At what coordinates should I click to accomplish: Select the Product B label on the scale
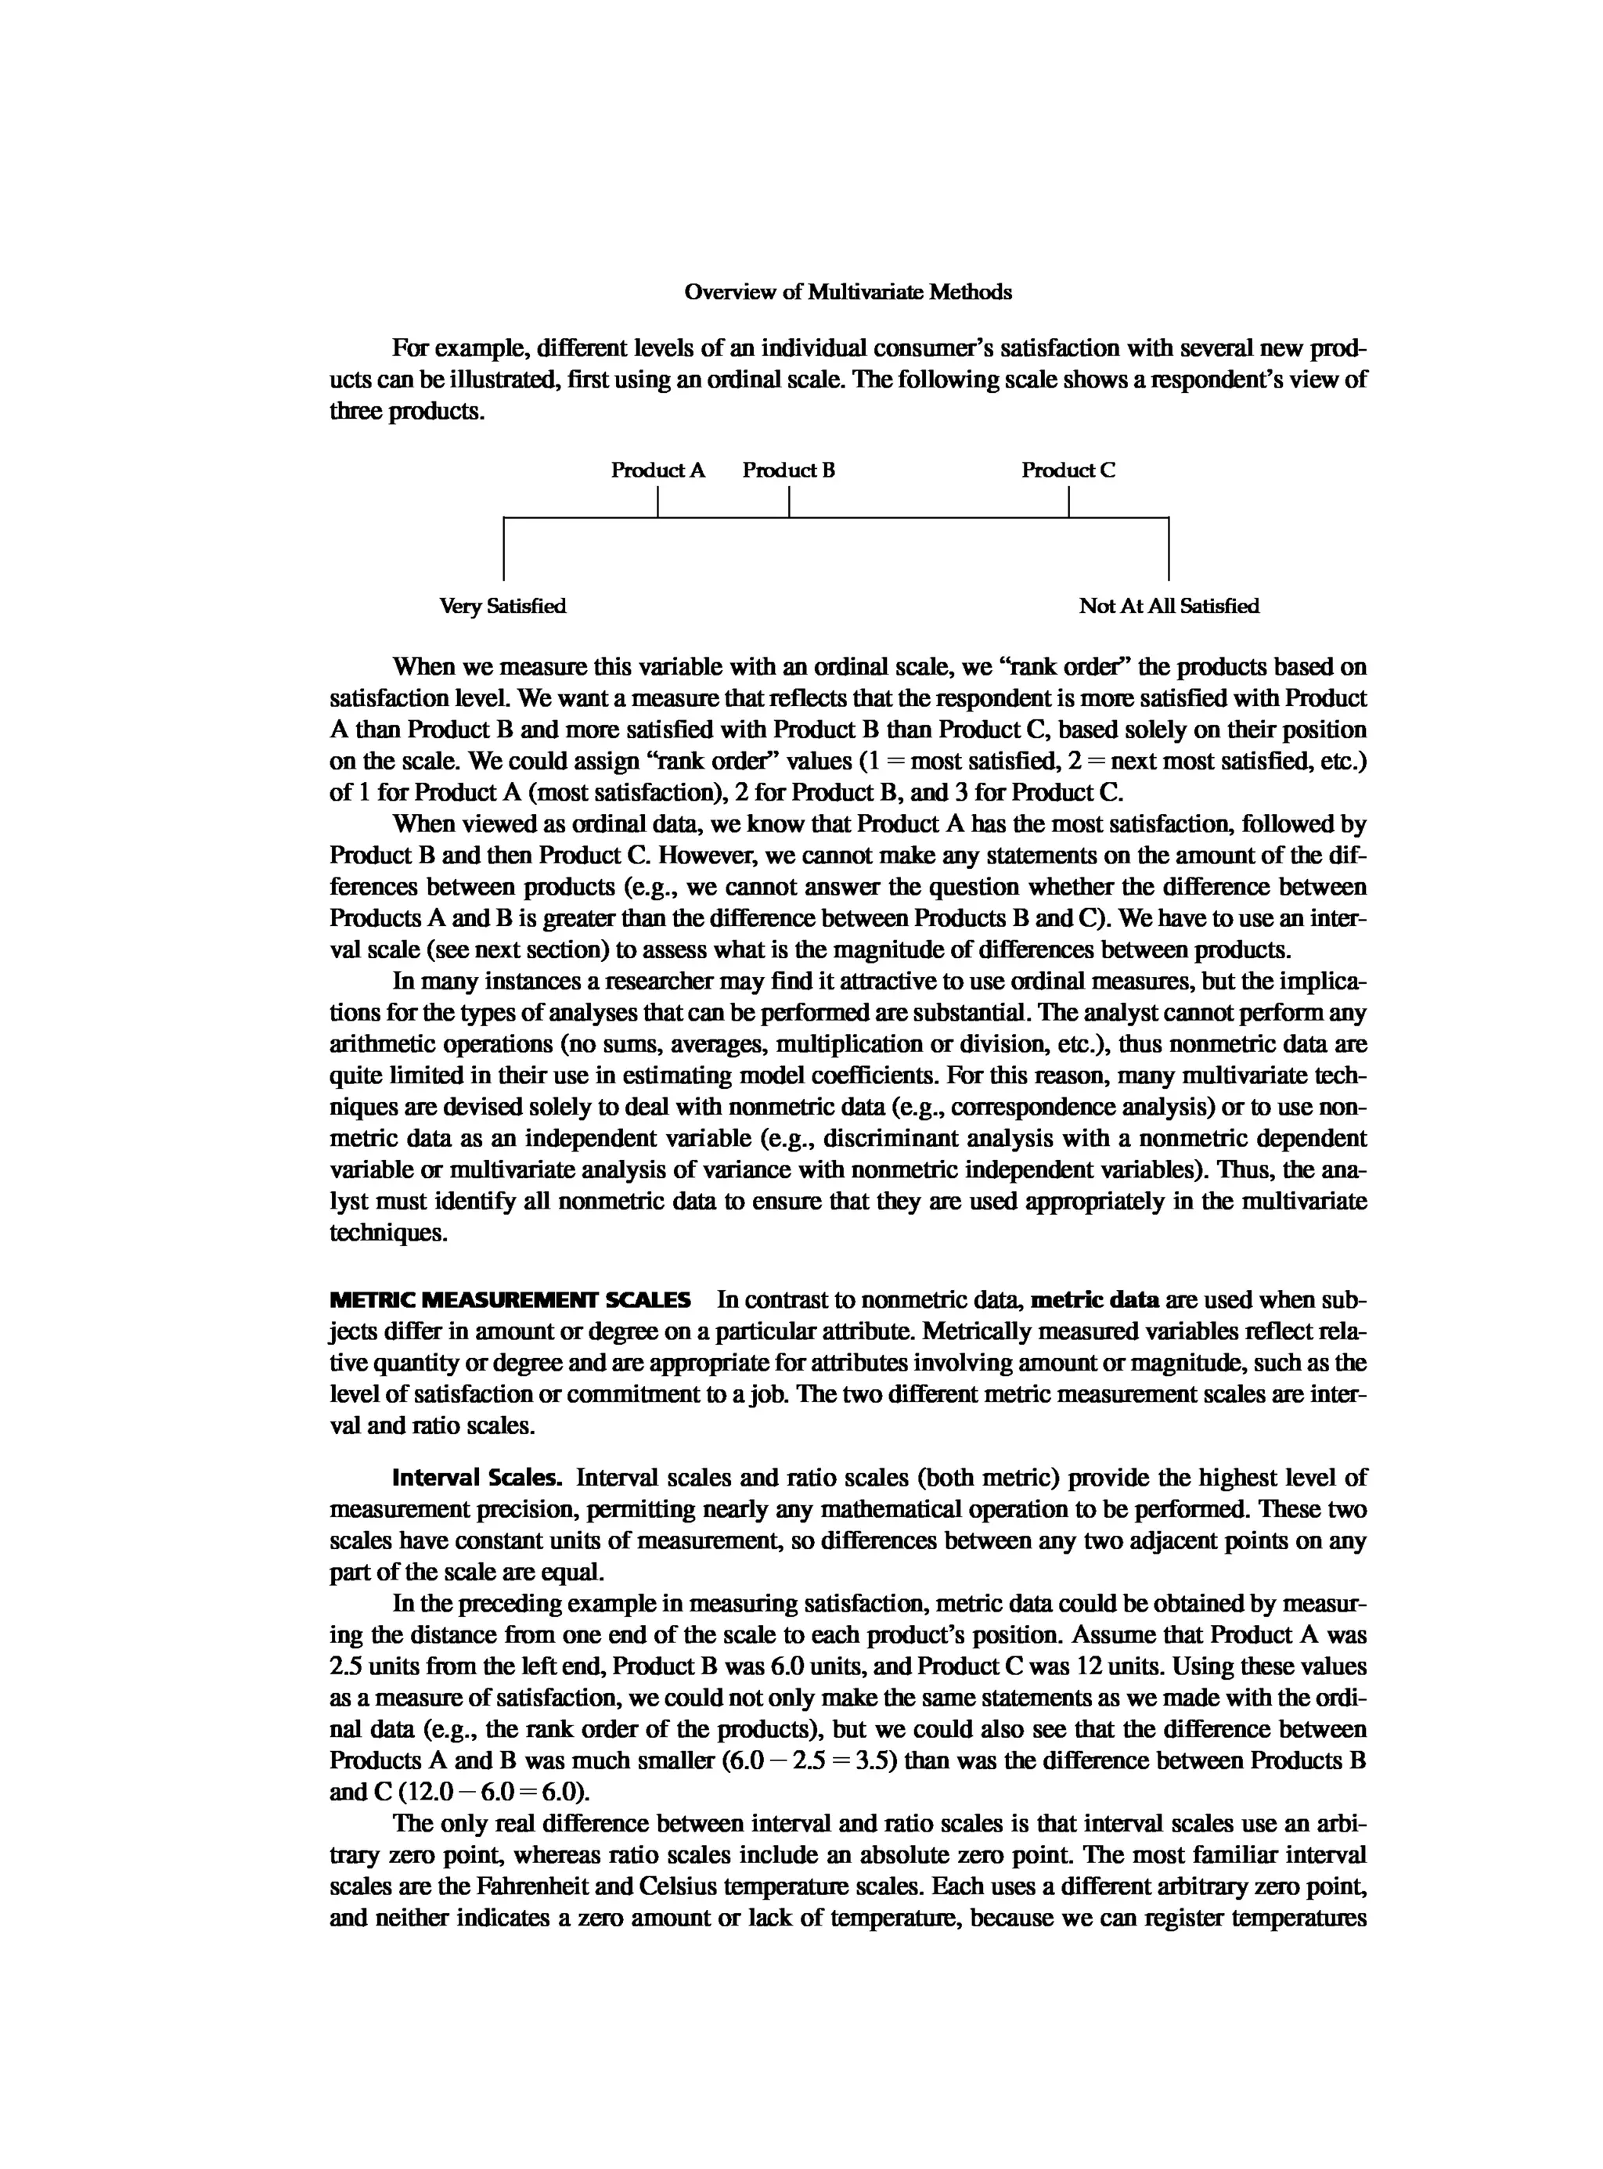click(x=788, y=470)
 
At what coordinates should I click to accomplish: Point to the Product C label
click(x=1068, y=470)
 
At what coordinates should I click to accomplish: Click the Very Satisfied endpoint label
click(x=502, y=606)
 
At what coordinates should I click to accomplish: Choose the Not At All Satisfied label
click(x=1169, y=606)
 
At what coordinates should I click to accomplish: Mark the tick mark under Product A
click(x=658, y=501)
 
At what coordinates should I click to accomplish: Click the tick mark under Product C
click(x=1068, y=501)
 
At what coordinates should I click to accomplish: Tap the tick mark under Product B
click(x=789, y=501)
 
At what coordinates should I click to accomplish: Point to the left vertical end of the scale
click(x=503, y=549)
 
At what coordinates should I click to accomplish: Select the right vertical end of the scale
click(x=1169, y=549)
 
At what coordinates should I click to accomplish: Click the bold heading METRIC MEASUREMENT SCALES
click(x=510, y=1299)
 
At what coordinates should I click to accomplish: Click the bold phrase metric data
click(x=1094, y=1299)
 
